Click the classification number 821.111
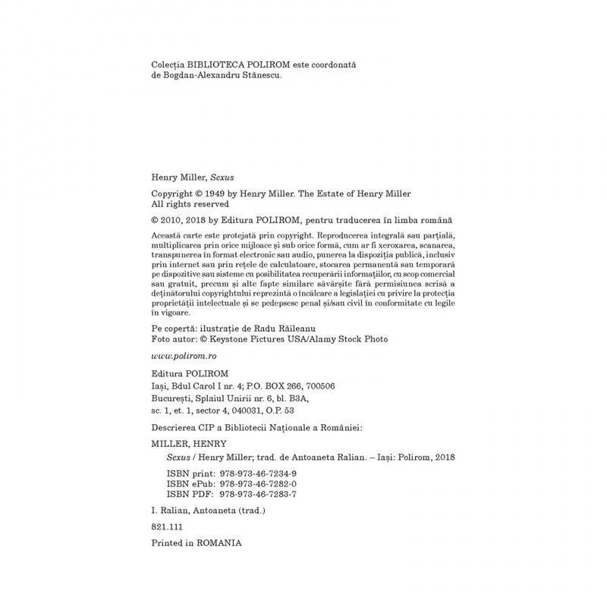tap(168, 526)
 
